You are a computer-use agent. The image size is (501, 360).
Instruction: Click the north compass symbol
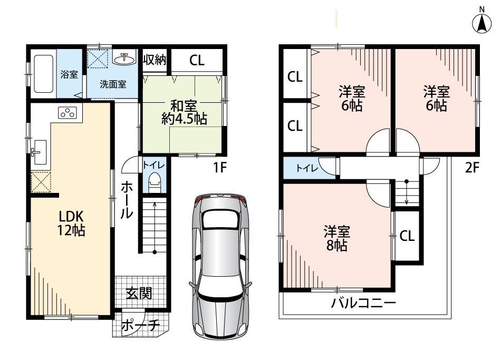coord(482,21)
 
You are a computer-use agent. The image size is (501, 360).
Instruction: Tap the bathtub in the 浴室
coord(43,74)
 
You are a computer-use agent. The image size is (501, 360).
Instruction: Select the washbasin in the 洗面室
coord(124,59)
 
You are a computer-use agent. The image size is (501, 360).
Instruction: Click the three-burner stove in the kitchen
coord(68,112)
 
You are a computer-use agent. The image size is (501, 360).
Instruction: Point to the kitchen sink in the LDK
coord(40,152)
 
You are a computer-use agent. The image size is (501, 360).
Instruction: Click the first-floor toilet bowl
coord(154,182)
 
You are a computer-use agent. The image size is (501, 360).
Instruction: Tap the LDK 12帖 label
coord(71,223)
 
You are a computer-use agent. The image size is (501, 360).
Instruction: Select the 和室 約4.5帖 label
coord(185,112)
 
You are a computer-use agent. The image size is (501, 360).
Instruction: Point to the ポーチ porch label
coord(140,325)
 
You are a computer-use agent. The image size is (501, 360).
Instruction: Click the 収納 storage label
coord(155,60)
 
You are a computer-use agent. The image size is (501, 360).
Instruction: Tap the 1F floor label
coord(220,167)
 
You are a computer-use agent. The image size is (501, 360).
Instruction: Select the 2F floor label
coord(472,167)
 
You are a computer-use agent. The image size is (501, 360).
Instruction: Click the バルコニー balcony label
coord(363,302)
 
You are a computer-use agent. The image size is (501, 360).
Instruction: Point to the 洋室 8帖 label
coord(337,238)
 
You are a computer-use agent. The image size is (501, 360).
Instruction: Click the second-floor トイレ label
coord(307,168)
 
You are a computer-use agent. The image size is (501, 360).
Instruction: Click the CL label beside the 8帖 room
coord(407,236)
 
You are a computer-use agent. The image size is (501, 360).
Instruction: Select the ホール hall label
coord(127,200)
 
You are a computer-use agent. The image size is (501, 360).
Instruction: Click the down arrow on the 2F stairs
coord(407,192)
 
